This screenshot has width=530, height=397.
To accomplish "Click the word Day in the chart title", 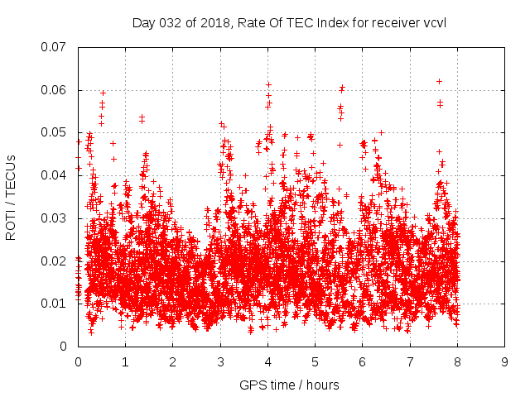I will click(142, 22).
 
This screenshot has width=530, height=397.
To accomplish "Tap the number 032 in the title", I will click(168, 22).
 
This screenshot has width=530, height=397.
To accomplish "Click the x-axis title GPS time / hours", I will click(289, 385).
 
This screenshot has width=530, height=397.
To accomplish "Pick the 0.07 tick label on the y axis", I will click(54, 47).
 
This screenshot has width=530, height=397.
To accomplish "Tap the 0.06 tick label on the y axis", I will click(54, 90).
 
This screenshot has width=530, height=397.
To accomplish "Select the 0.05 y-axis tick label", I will click(54, 132).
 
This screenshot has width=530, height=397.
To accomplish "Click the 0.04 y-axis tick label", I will click(54, 175).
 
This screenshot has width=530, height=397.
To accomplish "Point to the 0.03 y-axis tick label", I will click(54, 218).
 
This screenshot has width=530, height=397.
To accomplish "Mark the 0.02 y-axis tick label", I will click(54, 261).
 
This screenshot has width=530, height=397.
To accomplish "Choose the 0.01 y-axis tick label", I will click(54, 304).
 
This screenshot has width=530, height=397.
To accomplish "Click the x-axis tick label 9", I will click(504, 362).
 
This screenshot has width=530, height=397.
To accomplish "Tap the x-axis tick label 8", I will click(457, 362).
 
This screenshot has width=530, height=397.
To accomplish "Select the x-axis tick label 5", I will click(315, 362).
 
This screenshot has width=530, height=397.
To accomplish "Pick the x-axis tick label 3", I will click(220, 362).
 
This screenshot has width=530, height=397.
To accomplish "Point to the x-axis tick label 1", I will click(125, 362).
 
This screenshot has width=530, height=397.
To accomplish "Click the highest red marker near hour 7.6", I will click(439, 81).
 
